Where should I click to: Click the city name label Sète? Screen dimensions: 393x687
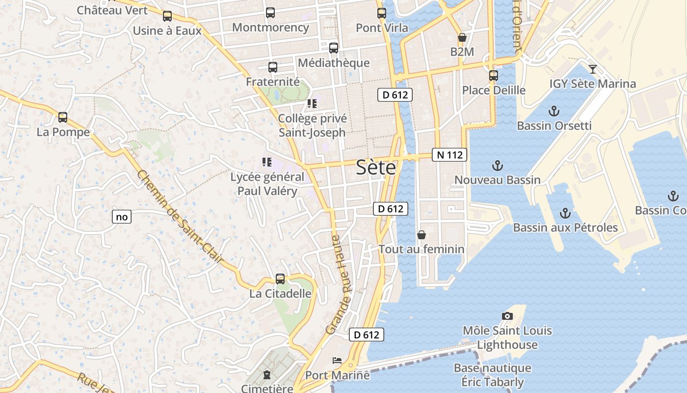tap(375, 168)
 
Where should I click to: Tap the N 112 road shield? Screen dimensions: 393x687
tap(449, 155)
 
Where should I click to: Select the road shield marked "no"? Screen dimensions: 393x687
tap(122, 217)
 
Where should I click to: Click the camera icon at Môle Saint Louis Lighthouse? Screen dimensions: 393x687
tap(507, 316)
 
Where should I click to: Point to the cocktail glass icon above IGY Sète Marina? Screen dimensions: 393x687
tap(593, 69)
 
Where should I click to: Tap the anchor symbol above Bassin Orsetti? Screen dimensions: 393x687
tap(554, 111)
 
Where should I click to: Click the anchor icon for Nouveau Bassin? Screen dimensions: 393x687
tap(498, 165)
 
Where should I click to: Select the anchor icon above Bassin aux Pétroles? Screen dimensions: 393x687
tap(565, 213)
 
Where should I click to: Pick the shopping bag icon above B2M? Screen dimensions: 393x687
tap(462, 37)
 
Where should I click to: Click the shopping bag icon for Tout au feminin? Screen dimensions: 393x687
tap(421, 235)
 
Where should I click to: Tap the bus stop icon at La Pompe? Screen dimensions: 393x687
tap(63, 117)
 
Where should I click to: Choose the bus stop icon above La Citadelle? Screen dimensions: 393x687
tap(280, 279)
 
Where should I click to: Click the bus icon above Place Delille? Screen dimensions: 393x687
tap(494, 76)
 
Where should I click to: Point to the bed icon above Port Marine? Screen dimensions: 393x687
tap(337, 361)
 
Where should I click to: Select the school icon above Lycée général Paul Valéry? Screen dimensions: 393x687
tap(267, 162)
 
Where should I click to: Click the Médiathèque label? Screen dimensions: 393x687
tap(334, 63)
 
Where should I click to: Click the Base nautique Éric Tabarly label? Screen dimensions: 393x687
tap(492, 375)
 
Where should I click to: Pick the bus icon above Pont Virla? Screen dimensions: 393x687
tap(382, 13)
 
